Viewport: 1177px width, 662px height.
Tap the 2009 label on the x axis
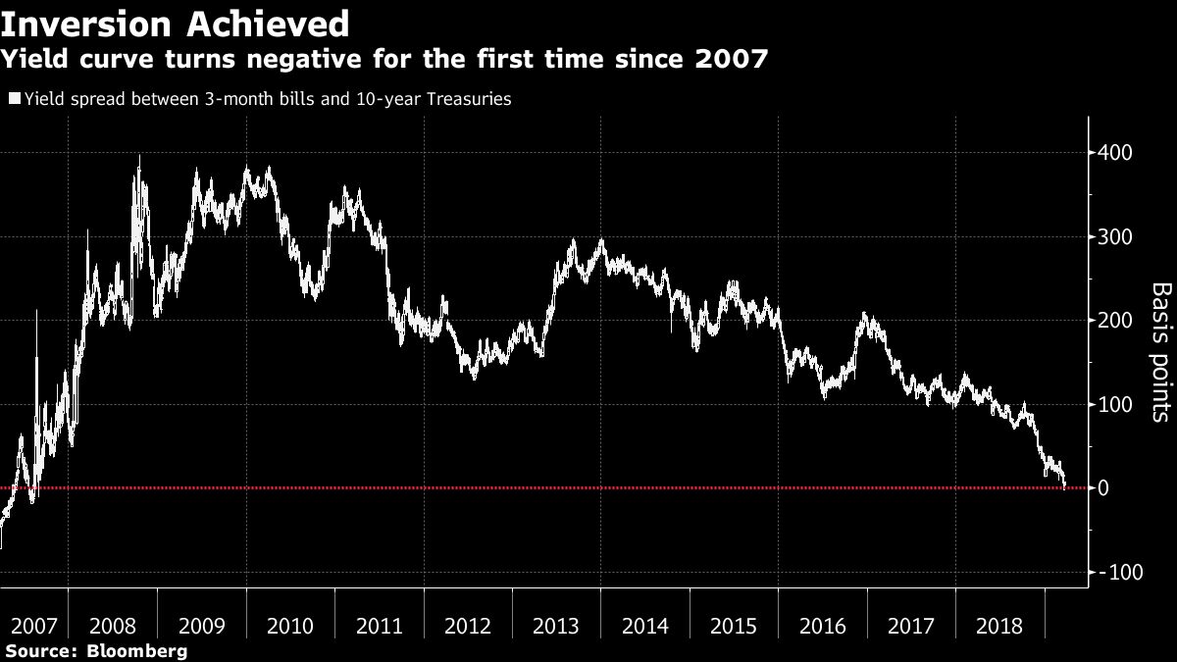pyautogui.click(x=201, y=626)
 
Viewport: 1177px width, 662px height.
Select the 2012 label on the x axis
pyautogui.click(x=467, y=626)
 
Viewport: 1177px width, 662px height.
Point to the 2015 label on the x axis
pyautogui.click(x=733, y=626)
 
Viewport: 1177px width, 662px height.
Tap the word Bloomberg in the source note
pyautogui.click(x=138, y=651)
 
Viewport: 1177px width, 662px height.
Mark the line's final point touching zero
pyautogui.click(x=1066, y=486)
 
